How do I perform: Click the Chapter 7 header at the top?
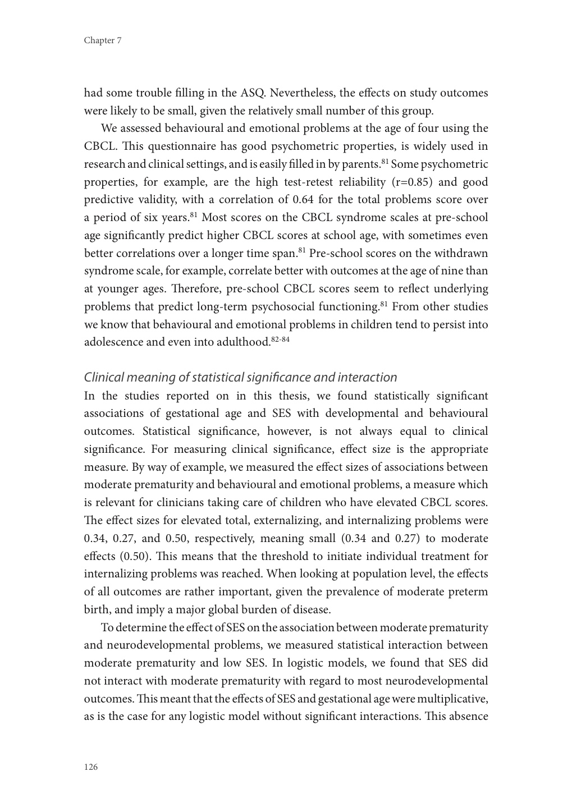pyautogui.click(x=103, y=40)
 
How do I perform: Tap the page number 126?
pyautogui.click(x=91, y=767)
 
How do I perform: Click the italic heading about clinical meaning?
pyautogui.click(x=240, y=377)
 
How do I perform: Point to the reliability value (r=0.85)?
pyautogui.click(x=403, y=182)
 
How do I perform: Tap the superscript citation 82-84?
pyautogui.click(x=280, y=339)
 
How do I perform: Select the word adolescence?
pyautogui.click(x=113, y=342)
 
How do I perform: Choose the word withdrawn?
pyautogui.click(x=461, y=253)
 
